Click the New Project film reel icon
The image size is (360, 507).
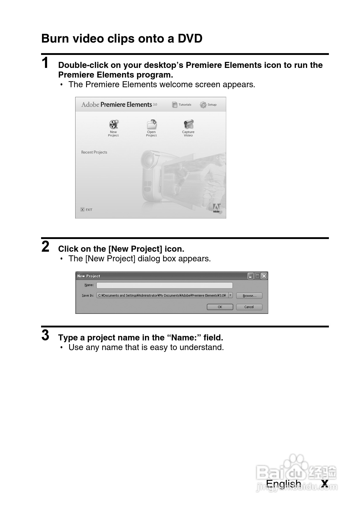(x=114, y=124)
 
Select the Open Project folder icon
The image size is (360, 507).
(x=151, y=124)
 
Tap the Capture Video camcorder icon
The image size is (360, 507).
(x=188, y=124)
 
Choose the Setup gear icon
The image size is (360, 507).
(x=203, y=105)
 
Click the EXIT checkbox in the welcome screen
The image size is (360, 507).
(x=82, y=209)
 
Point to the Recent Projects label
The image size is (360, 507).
(x=94, y=152)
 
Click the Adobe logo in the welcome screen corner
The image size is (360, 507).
(x=216, y=208)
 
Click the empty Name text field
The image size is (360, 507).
(x=164, y=285)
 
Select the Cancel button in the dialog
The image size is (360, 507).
(x=249, y=307)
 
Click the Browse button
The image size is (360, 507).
(x=249, y=296)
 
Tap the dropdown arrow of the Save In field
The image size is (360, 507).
(x=230, y=295)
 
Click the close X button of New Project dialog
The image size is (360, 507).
(x=264, y=276)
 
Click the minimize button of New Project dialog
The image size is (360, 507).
(x=250, y=276)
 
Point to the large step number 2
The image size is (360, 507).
(x=45, y=247)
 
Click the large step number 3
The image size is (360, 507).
(x=45, y=335)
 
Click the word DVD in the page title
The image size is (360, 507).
(x=190, y=39)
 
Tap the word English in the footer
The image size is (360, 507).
(x=283, y=484)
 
